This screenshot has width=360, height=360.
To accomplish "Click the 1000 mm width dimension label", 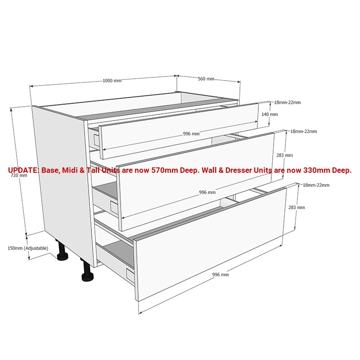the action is coord(112,81).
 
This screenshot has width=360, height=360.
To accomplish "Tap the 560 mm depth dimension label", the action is coord(206,79).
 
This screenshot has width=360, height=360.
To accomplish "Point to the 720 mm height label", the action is coord(19,175).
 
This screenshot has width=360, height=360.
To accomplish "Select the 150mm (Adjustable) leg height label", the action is coord(28,248).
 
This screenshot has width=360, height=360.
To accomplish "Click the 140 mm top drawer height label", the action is coord(270,114).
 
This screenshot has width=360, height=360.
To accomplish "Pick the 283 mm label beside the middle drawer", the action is coord(284,155).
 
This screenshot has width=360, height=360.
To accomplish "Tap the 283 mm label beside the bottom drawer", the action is coord(297,207).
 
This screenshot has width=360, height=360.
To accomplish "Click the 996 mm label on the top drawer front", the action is coord(191,134).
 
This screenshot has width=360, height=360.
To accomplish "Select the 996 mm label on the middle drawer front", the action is coord(207,193).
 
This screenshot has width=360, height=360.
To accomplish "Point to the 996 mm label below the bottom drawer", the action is coord(220,274).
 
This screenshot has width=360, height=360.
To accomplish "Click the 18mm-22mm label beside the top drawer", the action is coord(288,103).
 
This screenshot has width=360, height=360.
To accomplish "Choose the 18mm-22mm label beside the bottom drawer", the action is coord(316,185).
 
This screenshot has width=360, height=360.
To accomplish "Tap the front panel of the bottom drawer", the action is coord(210,244).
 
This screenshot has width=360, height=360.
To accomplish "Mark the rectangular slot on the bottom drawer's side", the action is coord(130,274).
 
